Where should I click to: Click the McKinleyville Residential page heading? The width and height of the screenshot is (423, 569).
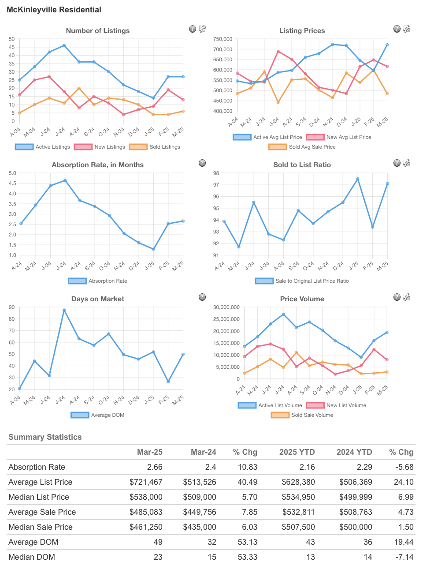[x=54, y=10]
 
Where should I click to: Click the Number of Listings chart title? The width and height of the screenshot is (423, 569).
[x=97, y=30]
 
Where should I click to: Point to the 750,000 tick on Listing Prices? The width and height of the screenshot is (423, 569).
[x=223, y=39]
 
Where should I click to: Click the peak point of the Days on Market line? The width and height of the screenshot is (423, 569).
[x=64, y=310]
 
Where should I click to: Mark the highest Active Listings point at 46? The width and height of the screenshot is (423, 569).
[x=64, y=45]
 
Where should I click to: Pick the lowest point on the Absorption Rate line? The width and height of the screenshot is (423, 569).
[x=153, y=249]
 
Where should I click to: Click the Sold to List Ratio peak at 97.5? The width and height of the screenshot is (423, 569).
[x=358, y=179]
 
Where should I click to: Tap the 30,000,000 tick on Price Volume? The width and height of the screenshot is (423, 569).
[x=226, y=307]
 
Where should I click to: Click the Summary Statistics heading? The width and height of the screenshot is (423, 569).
[x=45, y=437]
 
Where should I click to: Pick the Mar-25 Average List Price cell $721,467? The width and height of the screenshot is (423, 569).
[x=146, y=482]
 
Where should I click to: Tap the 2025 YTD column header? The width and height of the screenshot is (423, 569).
[x=297, y=452]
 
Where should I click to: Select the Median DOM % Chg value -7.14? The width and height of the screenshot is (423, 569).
[x=404, y=557]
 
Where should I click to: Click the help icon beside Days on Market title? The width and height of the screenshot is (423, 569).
[x=202, y=297]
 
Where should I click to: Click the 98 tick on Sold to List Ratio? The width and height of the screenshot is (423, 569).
[x=216, y=173]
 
